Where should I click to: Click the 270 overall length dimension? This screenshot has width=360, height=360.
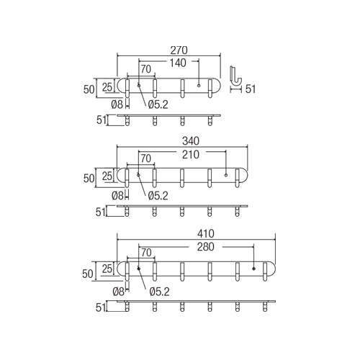[x=179, y=50]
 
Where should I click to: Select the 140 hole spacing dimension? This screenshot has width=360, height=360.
[x=178, y=63]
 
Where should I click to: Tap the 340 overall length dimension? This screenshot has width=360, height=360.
[x=191, y=141]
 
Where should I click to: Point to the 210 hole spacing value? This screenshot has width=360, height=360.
[x=191, y=155]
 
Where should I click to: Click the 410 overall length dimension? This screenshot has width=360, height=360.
[x=206, y=233]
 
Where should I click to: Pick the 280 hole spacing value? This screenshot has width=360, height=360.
[x=206, y=247]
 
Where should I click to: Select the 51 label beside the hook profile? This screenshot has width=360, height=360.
[x=251, y=89]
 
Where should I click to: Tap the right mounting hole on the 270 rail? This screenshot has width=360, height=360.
[x=199, y=86]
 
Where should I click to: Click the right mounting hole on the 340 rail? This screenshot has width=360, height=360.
[x=226, y=175]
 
